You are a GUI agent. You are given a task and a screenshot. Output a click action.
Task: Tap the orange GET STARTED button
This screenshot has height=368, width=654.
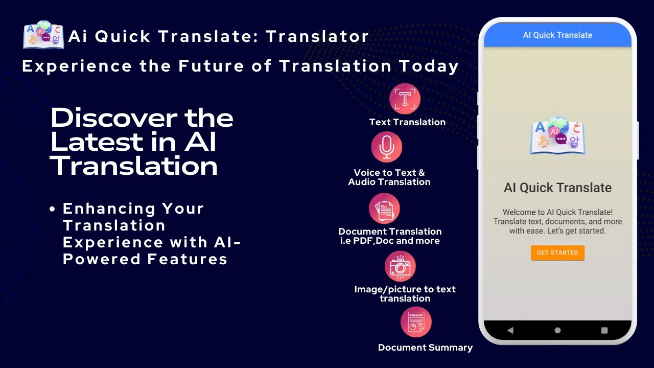point(557,252)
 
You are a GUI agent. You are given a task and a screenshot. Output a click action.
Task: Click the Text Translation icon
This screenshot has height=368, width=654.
point(405,99)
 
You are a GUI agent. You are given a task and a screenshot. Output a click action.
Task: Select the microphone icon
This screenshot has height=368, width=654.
point(387,147)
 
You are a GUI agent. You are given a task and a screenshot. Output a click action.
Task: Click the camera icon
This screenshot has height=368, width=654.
point(400,266)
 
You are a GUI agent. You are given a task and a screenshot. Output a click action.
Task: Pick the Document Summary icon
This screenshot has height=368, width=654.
point(416,322)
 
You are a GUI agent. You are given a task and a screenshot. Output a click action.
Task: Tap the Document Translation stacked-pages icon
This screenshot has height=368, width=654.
point(384,209)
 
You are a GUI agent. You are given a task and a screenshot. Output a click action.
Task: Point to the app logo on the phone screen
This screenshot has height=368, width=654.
point(557,136)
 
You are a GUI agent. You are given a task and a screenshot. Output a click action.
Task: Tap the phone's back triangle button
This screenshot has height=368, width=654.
point(510,330)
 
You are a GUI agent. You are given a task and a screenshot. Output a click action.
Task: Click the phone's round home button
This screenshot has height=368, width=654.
point(557,330)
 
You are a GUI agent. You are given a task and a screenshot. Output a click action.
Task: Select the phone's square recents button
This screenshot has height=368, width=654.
point(604,330)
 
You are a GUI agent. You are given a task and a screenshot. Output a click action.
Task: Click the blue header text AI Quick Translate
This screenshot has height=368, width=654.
point(557,35)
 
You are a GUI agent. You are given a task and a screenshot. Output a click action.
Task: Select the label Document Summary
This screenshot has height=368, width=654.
point(425,348)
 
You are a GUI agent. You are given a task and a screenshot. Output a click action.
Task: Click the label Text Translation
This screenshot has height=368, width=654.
point(407,122)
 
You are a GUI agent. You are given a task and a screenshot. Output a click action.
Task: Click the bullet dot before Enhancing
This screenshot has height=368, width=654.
point(53,209)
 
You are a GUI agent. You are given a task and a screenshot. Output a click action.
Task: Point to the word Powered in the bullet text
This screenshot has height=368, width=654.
point(102,259)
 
